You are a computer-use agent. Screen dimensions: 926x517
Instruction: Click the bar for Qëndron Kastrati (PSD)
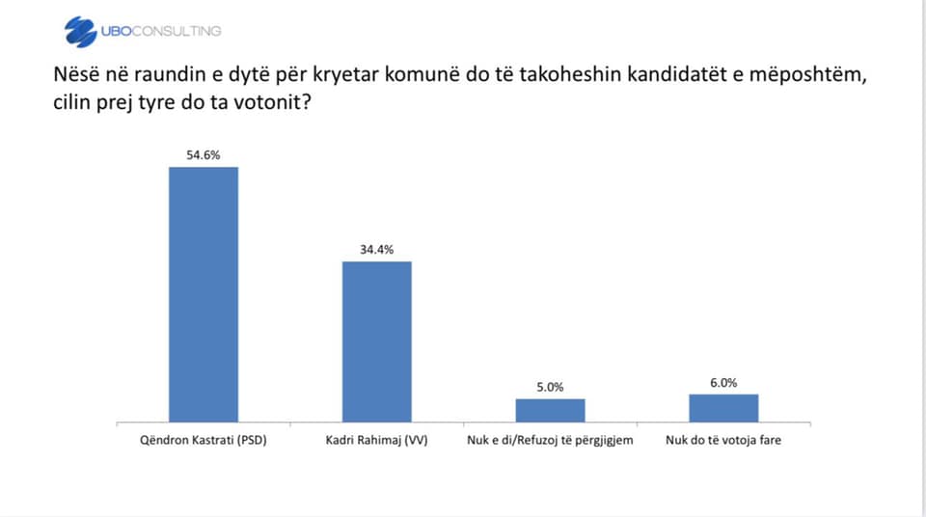click(x=204, y=294)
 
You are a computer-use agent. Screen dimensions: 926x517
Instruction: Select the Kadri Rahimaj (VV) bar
click(x=377, y=341)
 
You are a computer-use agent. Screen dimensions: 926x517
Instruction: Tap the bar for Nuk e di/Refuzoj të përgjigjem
click(x=551, y=410)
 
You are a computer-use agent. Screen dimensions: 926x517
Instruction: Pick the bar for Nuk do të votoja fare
click(x=723, y=408)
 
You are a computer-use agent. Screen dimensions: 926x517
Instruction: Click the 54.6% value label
click(x=204, y=155)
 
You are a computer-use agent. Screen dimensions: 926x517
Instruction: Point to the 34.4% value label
click(x=377, y=250)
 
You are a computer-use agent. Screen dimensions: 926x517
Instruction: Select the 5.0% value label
click(x=551, y=388)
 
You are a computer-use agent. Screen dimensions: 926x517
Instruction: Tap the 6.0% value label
click(x=723, y=383)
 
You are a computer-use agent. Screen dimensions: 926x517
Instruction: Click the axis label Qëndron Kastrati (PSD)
click(x=204, y=440)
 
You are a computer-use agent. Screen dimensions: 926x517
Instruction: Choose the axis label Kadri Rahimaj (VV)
click(x=377, y=440)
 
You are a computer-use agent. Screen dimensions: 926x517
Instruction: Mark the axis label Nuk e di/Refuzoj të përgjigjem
click(x=550, y=440)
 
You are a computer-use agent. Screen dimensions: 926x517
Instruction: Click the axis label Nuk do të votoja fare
click(x=723, y=440)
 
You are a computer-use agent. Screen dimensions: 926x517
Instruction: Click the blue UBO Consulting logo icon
click(x=80, y=31)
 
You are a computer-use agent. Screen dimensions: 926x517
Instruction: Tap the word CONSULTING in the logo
click(x=177, y=31)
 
